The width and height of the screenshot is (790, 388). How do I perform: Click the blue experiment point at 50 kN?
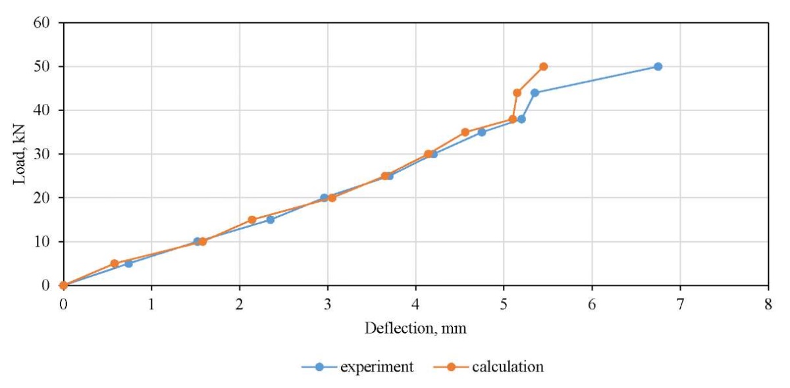coord(658,66)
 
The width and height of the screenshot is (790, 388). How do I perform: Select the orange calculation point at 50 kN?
coord(543,66)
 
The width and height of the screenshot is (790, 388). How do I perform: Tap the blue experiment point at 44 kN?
coord(535,93)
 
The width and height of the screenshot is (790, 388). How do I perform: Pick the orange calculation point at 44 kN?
coord(517,93)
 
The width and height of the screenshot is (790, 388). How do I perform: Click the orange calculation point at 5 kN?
coord(114,263)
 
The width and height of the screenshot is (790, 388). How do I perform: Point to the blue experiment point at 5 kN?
coord(128,263)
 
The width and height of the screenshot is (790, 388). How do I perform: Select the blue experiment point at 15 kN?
coord(270,220)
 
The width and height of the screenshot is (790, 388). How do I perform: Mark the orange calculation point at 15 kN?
coord(251,220)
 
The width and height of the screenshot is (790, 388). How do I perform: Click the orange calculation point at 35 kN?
coord(465,132)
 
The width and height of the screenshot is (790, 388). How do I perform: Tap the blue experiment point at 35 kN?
coord(482,132)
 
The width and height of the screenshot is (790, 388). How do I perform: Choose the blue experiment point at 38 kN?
coord(521,119)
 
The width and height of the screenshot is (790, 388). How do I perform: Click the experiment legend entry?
coord(377,367)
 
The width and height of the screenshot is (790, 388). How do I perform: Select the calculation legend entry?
coord(508,367)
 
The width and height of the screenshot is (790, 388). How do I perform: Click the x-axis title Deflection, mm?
coord(415,328)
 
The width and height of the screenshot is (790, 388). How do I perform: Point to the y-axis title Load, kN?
coord(20,154)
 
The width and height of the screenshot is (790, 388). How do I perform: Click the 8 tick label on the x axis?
coord(768,304)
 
